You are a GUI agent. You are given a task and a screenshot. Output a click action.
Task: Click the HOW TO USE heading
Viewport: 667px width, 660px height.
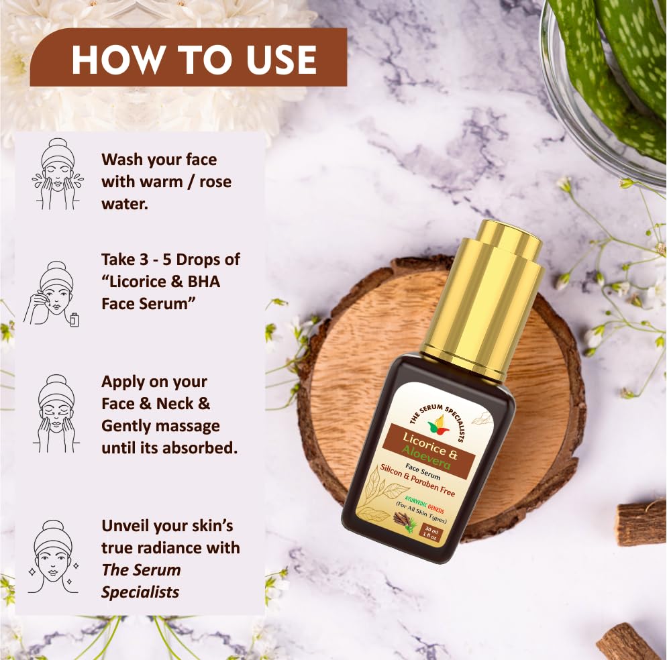click(194, 60)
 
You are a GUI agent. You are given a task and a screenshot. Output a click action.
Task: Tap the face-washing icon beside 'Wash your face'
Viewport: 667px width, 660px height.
click(56, 174)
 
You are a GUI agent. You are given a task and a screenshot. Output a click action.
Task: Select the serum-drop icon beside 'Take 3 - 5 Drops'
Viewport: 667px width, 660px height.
click(54, 293)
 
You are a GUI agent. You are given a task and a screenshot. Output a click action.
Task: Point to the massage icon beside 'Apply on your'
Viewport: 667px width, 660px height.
click(56, 412)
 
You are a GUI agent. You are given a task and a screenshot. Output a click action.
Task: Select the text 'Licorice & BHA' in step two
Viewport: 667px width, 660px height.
click(161, 281)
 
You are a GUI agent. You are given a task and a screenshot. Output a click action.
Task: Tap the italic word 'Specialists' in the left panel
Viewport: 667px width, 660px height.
click(140, 592)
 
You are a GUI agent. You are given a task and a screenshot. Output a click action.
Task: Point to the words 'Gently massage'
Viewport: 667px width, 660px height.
click(160, 426)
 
